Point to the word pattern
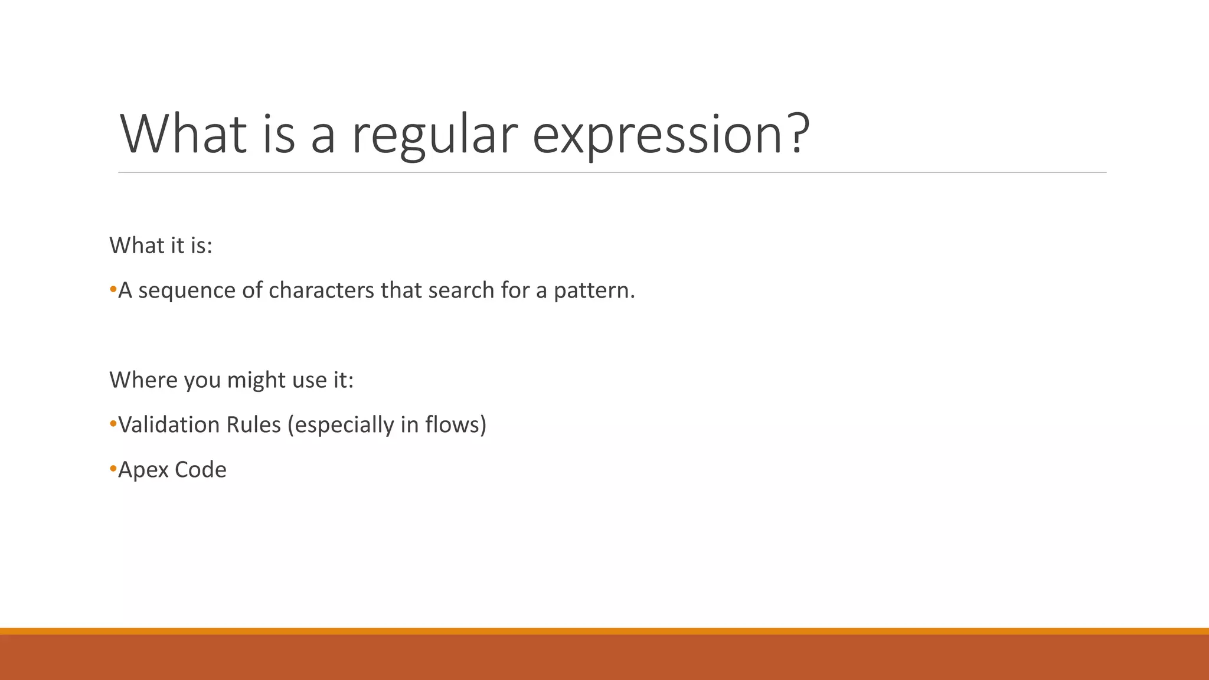tap(592, 291)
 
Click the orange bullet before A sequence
tap(113, 290)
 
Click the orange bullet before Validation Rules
tap(113, 424)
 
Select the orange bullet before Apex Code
tap(113, 469)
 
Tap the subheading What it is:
tap(161, 246)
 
